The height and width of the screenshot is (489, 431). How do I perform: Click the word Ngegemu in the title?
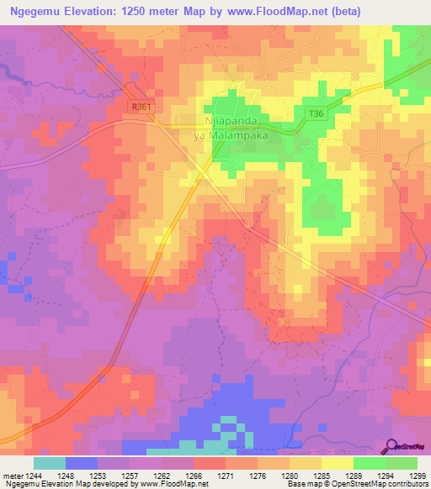(x=41, y=11)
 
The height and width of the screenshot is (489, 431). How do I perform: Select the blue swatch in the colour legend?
(x=82, y=463)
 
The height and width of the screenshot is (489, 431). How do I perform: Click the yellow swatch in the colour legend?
(x=338, y=463)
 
